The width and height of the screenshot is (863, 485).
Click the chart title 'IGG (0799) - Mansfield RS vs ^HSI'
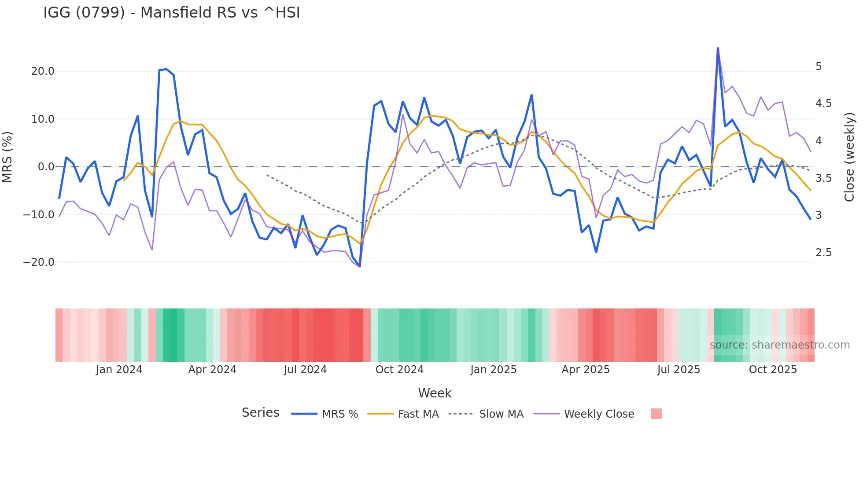(172, 13)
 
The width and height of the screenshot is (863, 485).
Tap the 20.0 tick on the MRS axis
(43, 71)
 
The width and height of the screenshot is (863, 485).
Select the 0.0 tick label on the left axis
(46, 167)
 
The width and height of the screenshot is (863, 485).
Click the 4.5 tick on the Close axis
(823, 103)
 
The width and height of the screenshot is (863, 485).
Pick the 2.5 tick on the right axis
(823, 253)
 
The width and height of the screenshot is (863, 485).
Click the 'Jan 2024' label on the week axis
(119, 370)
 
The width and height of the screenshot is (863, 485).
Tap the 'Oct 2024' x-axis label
(399, 370)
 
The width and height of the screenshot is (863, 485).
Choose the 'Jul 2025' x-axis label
(679, 370)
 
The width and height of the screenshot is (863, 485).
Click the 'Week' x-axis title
(435, 393)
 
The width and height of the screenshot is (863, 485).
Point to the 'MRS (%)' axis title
(7, 157)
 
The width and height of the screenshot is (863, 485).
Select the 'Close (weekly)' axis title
(849, 157)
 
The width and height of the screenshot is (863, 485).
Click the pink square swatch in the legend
(656, 414)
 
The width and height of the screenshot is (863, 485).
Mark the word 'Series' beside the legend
(260, 413)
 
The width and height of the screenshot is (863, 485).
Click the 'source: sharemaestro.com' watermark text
(779, 345)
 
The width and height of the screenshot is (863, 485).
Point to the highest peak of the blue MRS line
(718, 48)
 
